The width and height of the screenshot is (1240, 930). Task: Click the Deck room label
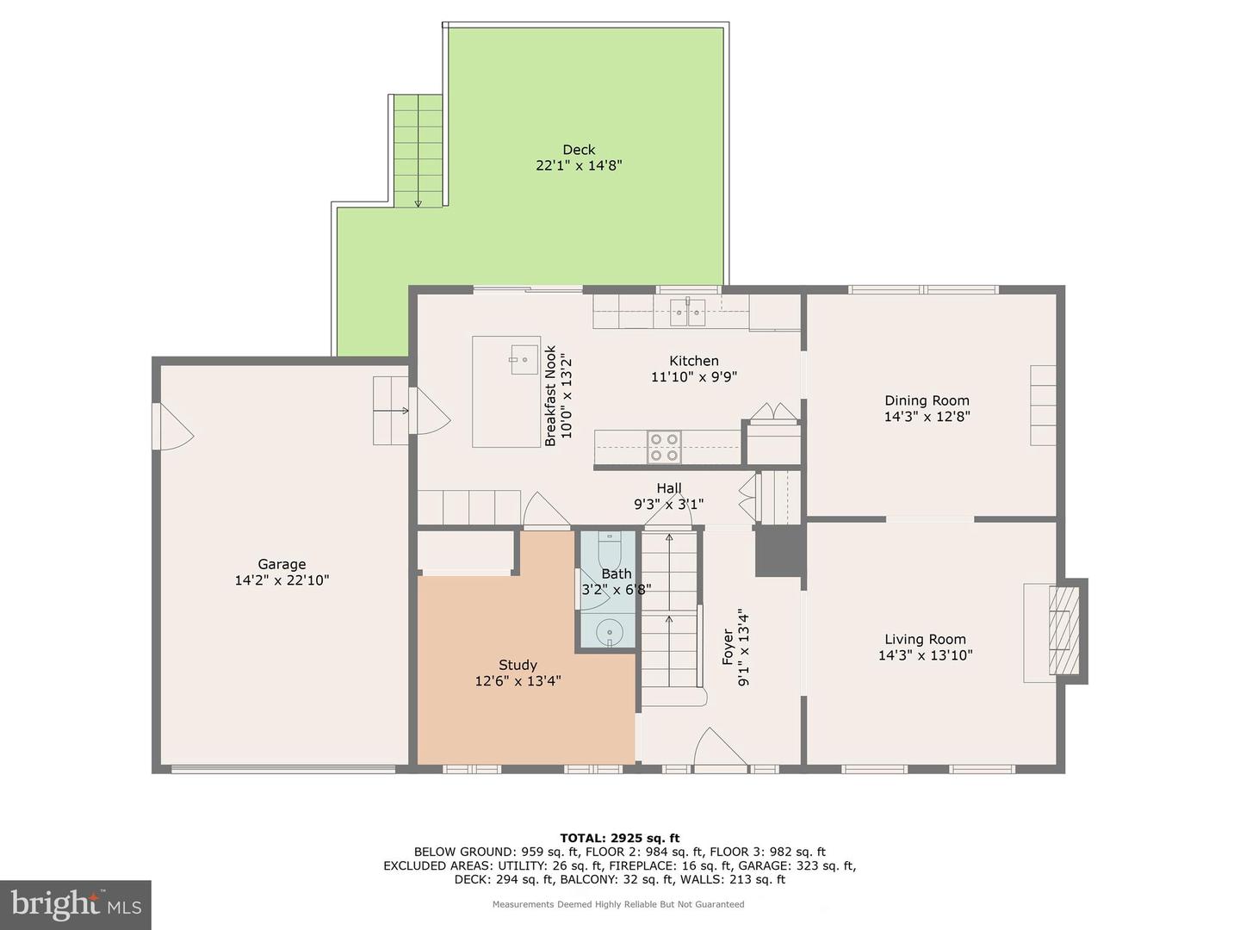pos(579,150)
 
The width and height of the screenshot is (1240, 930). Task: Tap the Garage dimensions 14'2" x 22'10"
pos(282,580)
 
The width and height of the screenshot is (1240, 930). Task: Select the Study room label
pos(518,665)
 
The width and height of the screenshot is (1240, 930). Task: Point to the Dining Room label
pos(927,400)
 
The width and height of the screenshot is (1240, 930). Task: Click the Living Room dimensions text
pos(926,655)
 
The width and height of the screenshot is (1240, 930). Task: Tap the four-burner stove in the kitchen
pos(664,447)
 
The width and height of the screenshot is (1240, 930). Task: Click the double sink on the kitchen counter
pos(687,313)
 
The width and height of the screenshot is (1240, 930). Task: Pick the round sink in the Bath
pos(610,632)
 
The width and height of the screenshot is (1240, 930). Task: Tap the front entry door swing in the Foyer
pos(720,747)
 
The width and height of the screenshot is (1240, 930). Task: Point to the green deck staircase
pos(418,150)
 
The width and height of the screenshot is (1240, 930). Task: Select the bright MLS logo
pos(75,905)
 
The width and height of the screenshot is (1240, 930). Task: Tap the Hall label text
pos(669,488)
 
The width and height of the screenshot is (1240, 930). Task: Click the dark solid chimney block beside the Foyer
pos(778,551)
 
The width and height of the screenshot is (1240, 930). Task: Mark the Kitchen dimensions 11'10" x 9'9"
pos(694,376)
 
